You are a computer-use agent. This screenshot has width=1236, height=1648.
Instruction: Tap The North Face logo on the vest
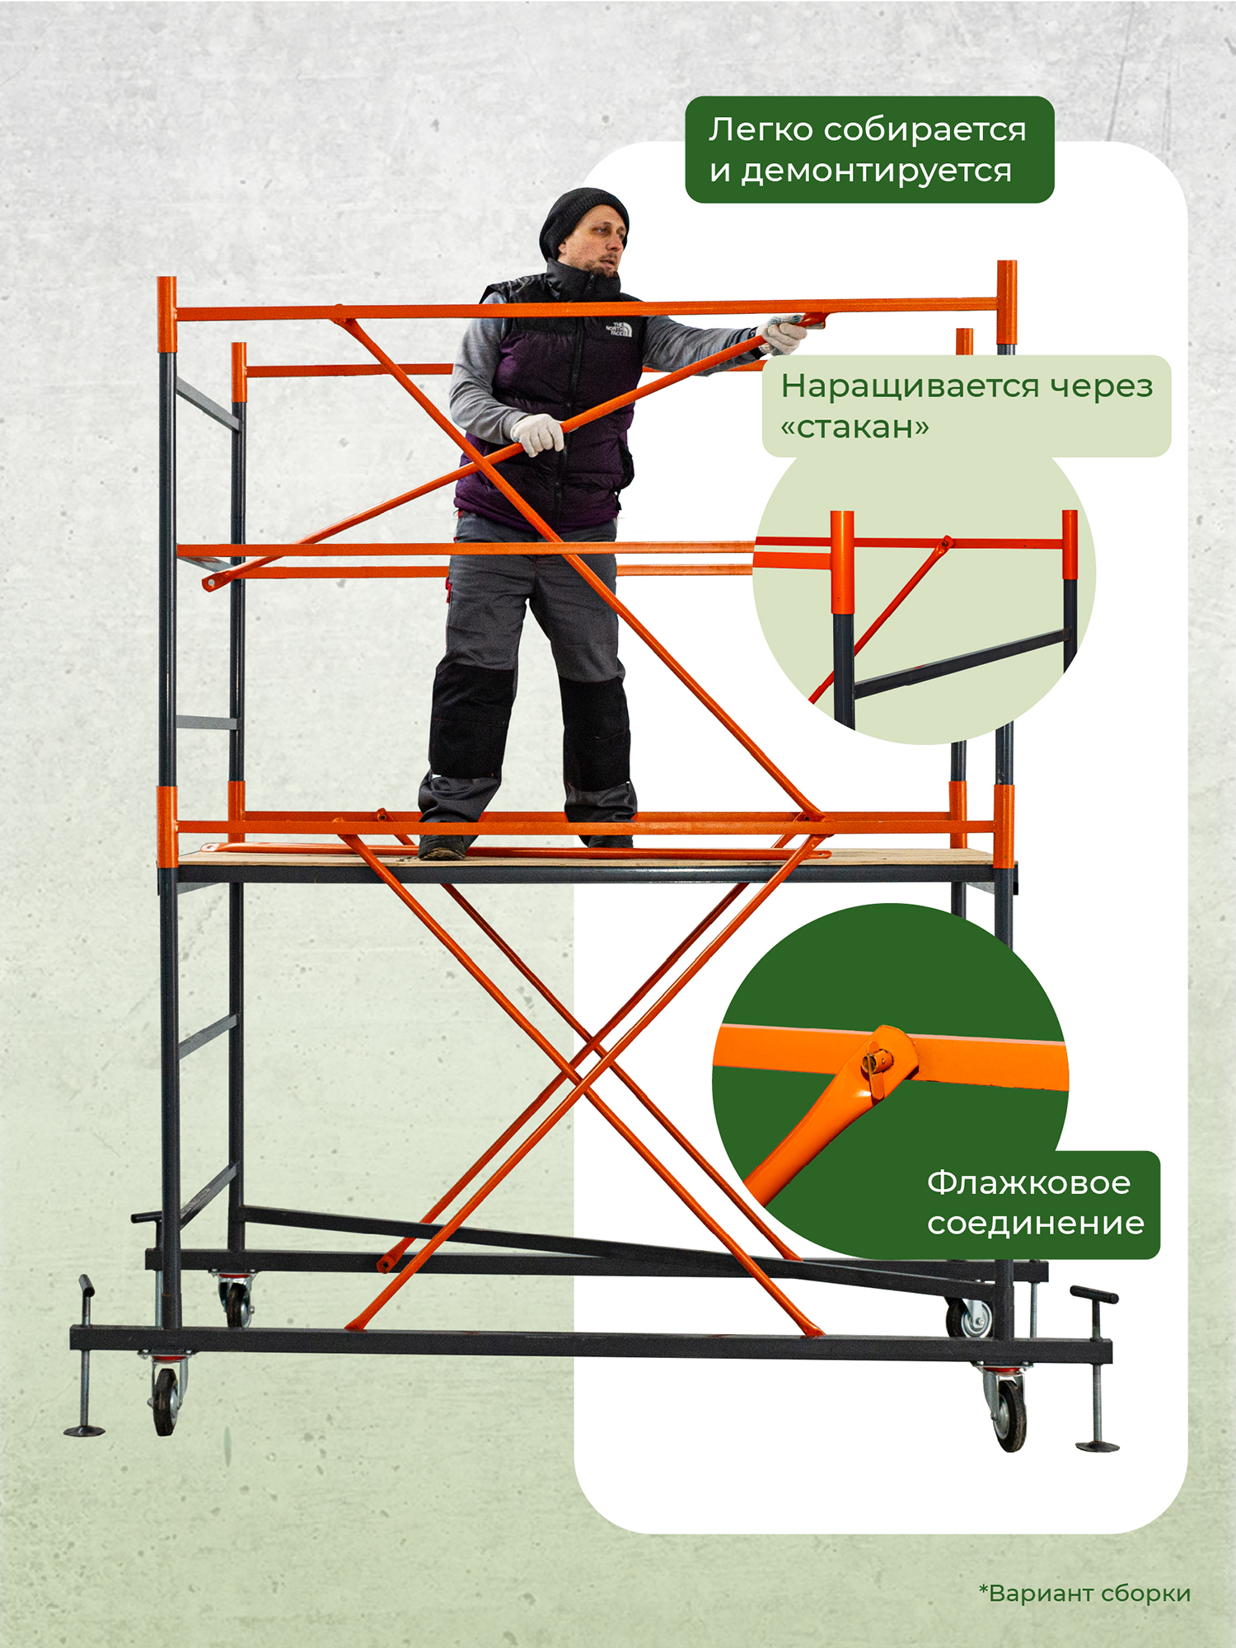click(x=619, y=329)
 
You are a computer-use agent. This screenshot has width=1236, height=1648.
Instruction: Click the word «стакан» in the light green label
click(x=854, y=427)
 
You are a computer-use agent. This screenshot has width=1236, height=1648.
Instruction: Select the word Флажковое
click(x=1028, y=1182)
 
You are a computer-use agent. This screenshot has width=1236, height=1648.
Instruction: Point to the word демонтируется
click(x=876, y=171)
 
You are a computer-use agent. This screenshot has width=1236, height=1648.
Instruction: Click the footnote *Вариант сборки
click(x=1084, y=1594)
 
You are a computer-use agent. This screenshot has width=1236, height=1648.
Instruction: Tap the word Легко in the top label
click(x=761, y=129)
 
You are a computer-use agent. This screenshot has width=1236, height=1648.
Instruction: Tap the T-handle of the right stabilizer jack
click(x=1093, y=1294)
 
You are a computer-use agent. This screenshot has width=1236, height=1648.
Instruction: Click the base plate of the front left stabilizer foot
click(x=84, y=1430)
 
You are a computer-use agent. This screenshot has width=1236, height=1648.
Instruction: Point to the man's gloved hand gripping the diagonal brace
click(x=536, y=433)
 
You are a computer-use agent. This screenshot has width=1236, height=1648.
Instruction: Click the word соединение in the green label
click(x=1036, y=1224)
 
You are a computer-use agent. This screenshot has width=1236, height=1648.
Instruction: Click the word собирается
click(x=925, y=130)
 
